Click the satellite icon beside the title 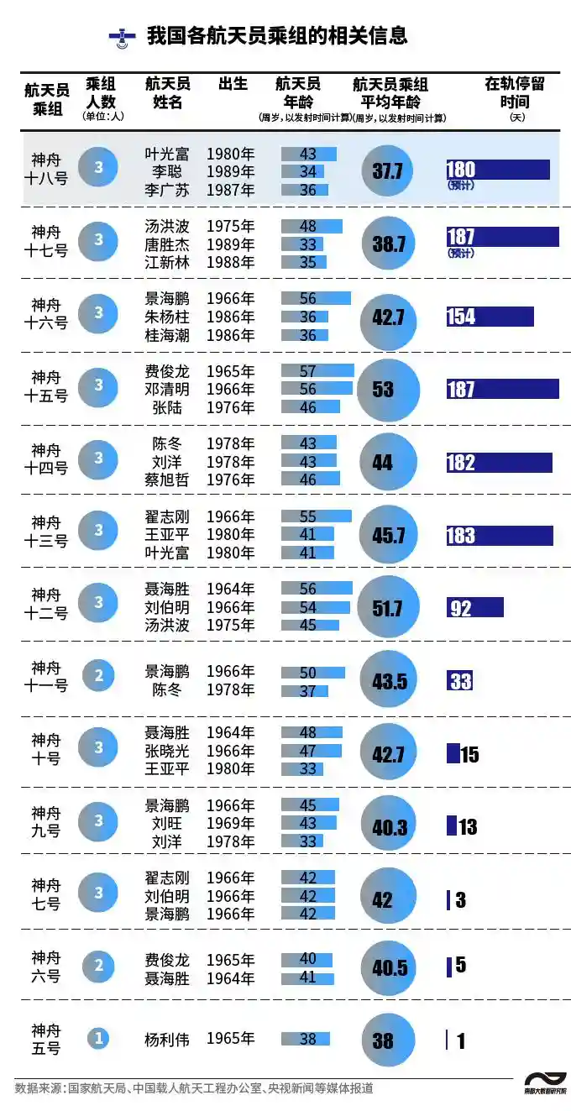(123, 37)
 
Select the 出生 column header (233, 84)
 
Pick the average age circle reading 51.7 (388, 607)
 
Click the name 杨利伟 (167, 1039)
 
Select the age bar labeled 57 (317, 371)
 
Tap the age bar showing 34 (303, 172)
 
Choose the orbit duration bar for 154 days (490, 317)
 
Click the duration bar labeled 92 (474, 607)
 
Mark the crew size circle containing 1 (98, 1039)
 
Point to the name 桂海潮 (167, 335)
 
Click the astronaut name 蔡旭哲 (167, 480)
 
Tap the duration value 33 (460, 680)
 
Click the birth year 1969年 (230, 823)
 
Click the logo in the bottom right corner (545, 1082)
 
